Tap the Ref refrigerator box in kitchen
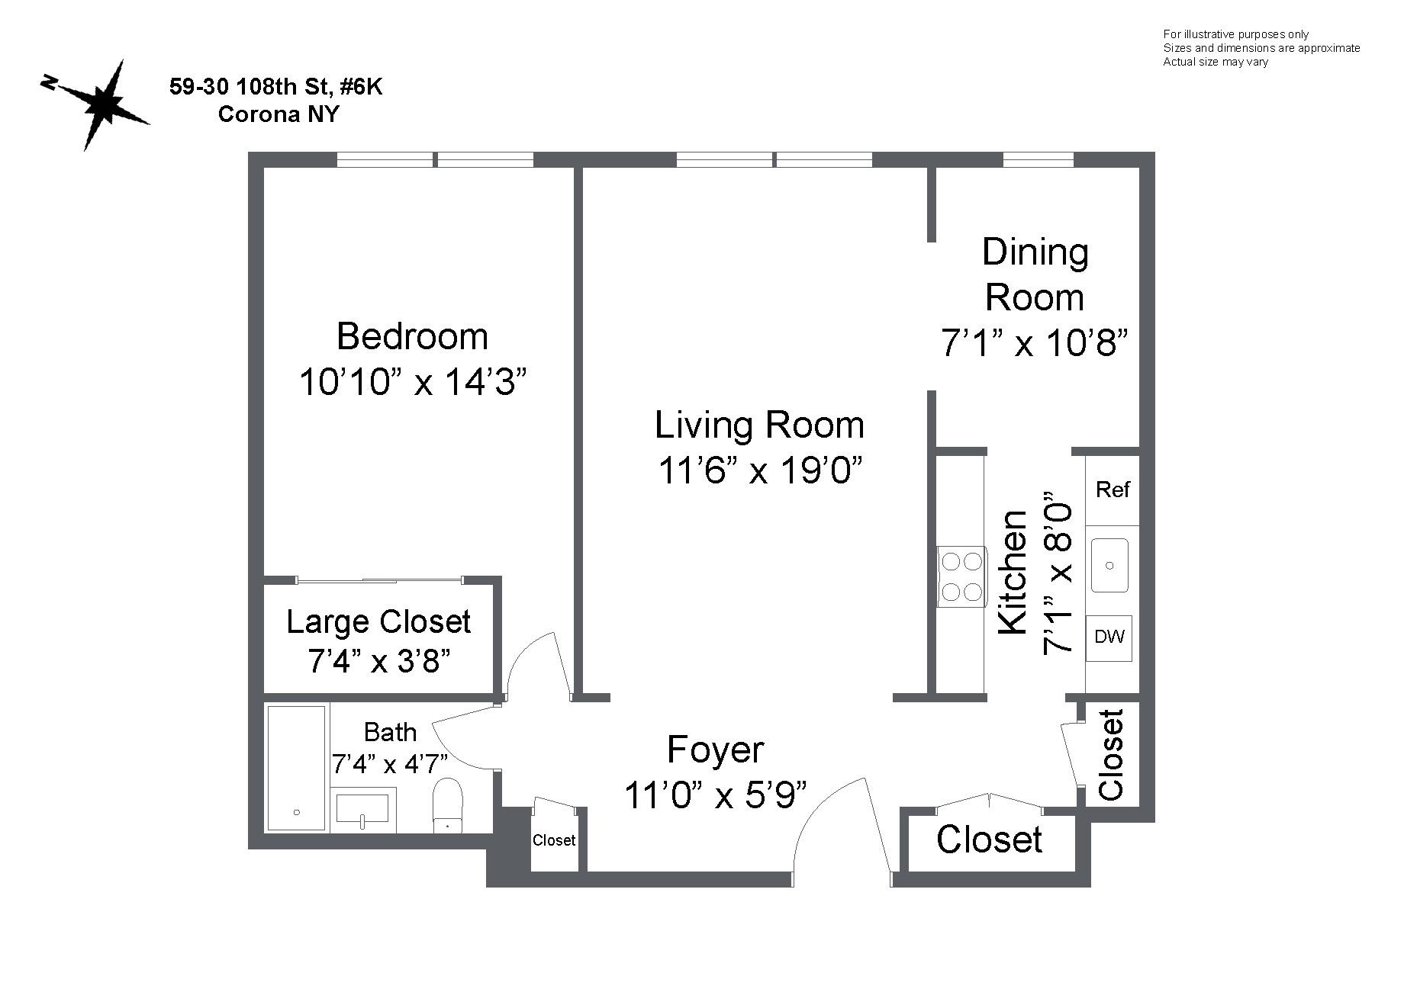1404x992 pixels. pyautogui.click(x=1112, y=490)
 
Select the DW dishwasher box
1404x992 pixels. pyautogui.click(x=1109, y=637)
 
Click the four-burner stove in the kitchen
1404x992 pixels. pyautogui.click(x=961, y=577)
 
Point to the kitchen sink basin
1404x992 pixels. pyautogui.click(x=1109, y=565)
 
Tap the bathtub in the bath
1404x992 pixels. pyautogui.click(x=296, y=768)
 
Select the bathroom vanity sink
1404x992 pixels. pyautogui.click(x=362, y=808)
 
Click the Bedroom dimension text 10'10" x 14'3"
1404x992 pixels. pyautogui.click(x=412, y=382)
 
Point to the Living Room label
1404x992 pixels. pyautogui.click(x=759, y=425)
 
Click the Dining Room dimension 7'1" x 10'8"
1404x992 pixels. pyautogui.click(x=1034, y=343)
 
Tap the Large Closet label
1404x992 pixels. pyautogui.click(x=378, y=622)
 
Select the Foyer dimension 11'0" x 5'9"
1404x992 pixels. pyautogui.click(x=715, y=795)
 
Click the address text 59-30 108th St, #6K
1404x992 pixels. pyautogui.click(x=275, y=87)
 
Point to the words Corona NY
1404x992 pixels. pyautogui.click(x=279, y=114)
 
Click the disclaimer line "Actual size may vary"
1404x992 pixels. pyautogui.click(x=1215, y=62)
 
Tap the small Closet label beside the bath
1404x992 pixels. pyautogui.click(x=554, y=840)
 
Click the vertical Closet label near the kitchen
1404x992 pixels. pyautogui.click(x=1111, y=755)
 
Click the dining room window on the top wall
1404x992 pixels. pyautogui.click(x=1038, y=159)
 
